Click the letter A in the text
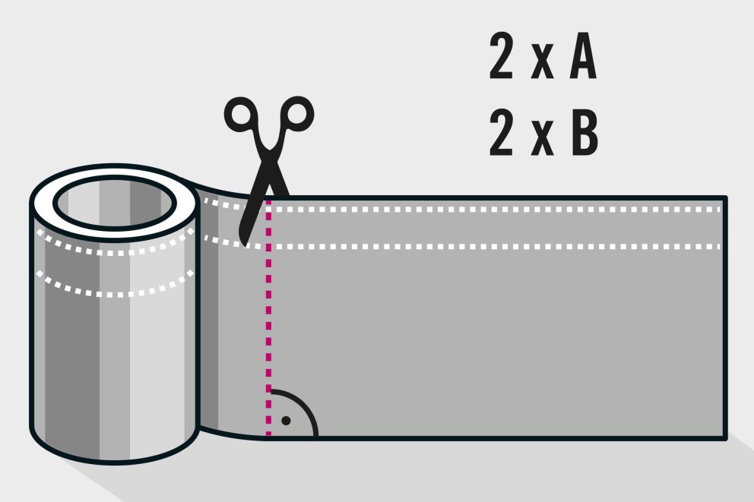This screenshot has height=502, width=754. [x=583, y=57]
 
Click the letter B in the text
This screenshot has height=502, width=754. [x=585, y=133]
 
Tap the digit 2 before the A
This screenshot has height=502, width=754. [x=502, y=56]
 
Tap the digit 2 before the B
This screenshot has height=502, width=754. [x=502, y=133]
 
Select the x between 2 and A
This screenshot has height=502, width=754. [x=543, y=63]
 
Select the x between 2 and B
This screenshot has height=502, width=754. [x=543, y=139]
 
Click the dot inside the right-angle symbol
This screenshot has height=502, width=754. [x=286, y=421]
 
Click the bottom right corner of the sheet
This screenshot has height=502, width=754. [x=726, y=437]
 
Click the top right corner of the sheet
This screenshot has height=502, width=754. [x=726, y=197]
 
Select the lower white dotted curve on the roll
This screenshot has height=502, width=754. [x=115, y=294]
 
